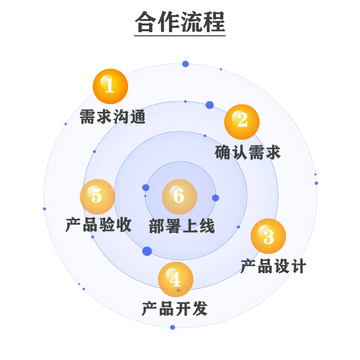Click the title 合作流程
(x=180, y=22)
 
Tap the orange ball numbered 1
(x=110, y=86)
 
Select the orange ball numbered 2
(x=242, y=121)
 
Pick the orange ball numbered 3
(x=268, y=236)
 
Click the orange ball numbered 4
(x=176, y=279)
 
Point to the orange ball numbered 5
(x=97, y=196)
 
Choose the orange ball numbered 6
(x=179, y=196)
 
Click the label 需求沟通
(x=112, y=117)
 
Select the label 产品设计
(x=273, y=266)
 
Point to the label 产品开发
(x=175, y=309)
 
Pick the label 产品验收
(x=98, y=225)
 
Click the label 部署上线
(x=182, y=226)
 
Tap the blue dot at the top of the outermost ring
(x=185, y=64)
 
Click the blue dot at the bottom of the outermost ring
(x=172, y=327)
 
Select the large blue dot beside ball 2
(x=209, y=105)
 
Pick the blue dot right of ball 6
(x=216, y=198)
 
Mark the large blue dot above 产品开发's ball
(x=147, y=251)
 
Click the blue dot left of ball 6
(x=146, y=187)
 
